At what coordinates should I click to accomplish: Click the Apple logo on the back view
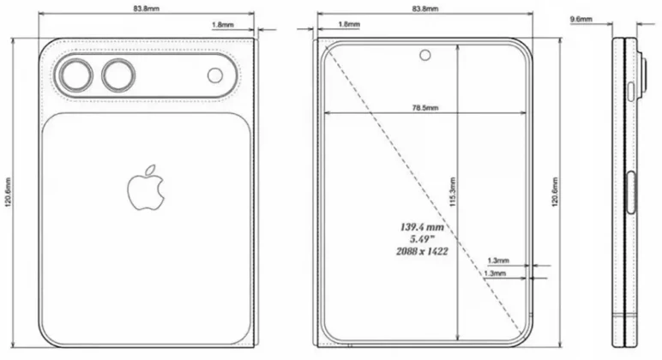(x=147, y=188)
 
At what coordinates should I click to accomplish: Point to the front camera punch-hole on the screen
(x=424, y=56)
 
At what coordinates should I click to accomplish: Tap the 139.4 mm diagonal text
(x=420, y=227)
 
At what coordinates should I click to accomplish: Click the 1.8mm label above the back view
(x=222, y=26)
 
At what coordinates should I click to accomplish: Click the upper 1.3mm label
(x=497, y=260)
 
